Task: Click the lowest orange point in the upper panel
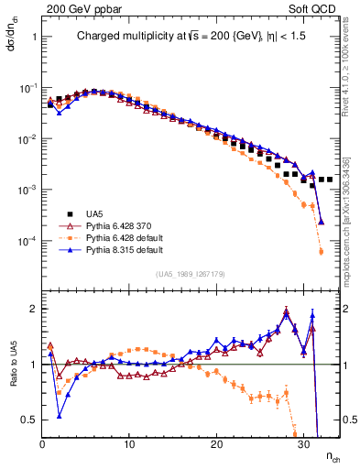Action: pyautogui.click(x=321, y=251)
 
